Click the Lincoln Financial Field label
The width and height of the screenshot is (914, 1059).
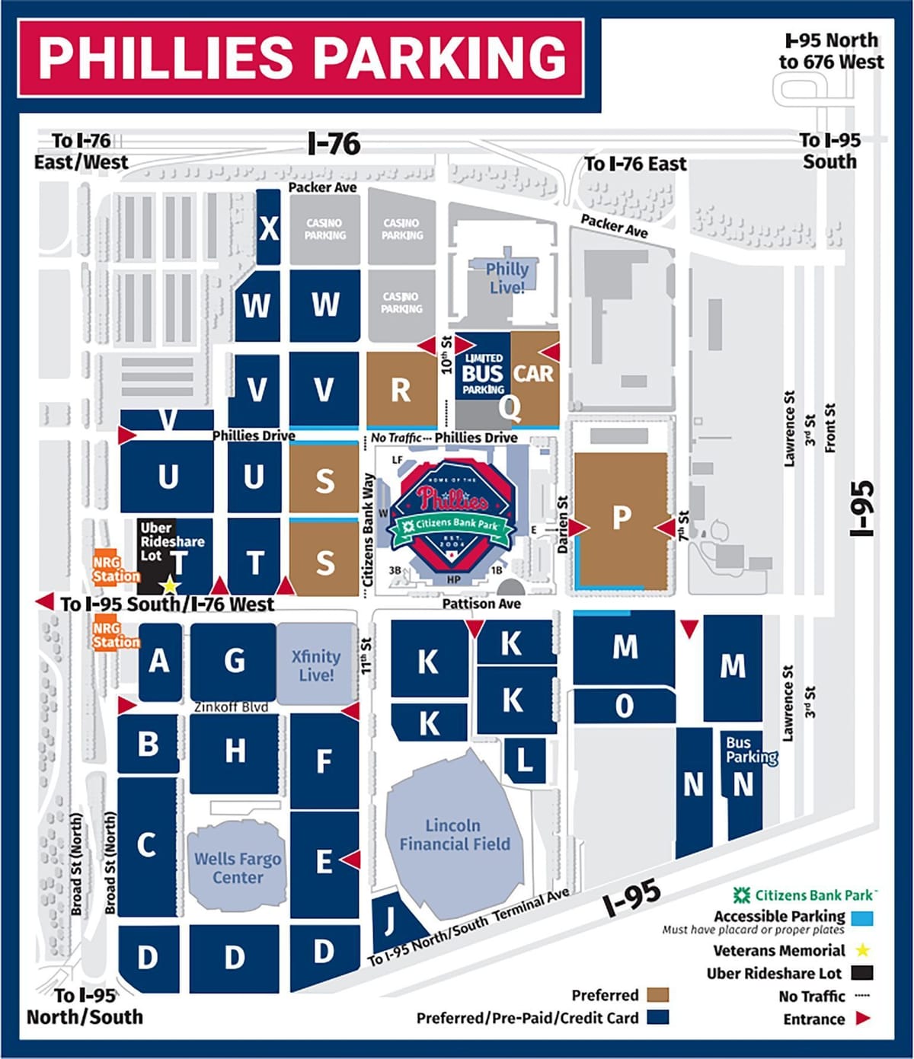coord(455,835)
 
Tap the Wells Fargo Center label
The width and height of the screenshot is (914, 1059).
coord(238,868)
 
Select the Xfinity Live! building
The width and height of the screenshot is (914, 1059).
coord(316,665)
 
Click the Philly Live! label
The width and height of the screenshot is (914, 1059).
coord(507,278)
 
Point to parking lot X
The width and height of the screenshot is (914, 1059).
coord(269,228)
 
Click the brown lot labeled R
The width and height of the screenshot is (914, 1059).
coord(401,390)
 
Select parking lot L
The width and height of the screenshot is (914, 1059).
coord(525,760)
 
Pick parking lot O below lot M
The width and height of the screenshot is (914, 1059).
coord(624,707)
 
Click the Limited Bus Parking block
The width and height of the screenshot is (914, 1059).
coord(484,373)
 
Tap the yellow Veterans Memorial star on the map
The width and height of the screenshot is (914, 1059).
coord(169,586)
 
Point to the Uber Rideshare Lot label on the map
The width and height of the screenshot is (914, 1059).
coord(171,541)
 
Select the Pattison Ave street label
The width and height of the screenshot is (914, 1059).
coord(481,604)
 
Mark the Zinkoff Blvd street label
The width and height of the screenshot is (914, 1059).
coord(231,707)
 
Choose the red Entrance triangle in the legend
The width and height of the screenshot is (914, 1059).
coord(862,1019)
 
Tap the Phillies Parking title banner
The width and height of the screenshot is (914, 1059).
coord(302,59)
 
